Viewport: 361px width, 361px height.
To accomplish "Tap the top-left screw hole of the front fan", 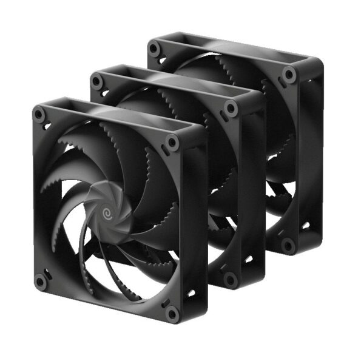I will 40,113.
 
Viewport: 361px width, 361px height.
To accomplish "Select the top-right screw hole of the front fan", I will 172,143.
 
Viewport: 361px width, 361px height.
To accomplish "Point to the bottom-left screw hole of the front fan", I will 41,280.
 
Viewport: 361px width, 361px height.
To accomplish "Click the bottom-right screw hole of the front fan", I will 173,314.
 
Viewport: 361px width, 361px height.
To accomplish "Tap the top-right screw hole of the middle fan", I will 231,108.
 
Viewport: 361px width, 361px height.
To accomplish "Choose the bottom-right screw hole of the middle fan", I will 229,278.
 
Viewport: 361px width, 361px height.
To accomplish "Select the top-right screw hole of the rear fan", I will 289,74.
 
